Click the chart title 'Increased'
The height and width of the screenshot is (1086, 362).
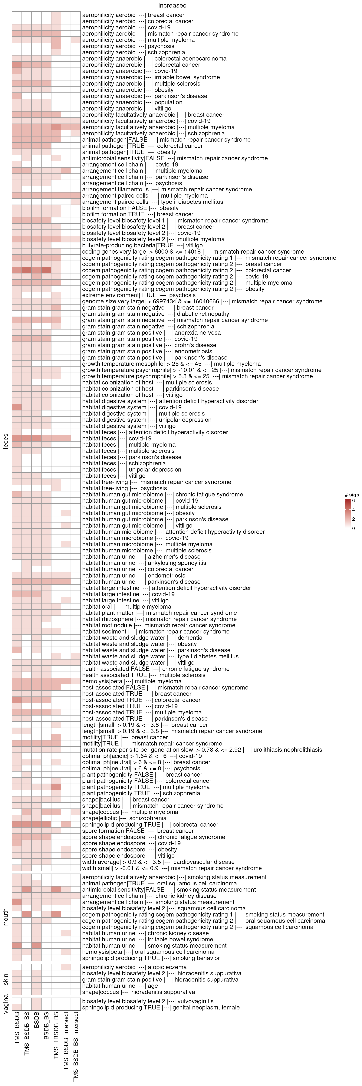tap(172, 5)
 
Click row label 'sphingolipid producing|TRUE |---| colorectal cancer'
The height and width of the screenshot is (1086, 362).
tap(150, 825)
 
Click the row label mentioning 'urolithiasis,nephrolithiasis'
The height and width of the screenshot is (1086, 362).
tap(202, 750)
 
